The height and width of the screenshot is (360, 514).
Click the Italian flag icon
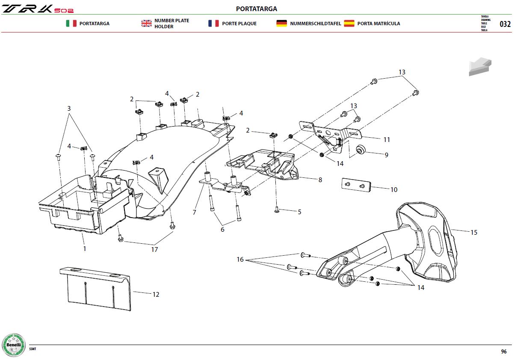coord(71,24)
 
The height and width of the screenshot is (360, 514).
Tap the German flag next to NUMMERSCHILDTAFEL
coord(281,24)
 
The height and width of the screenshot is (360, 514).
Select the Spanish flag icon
coord(349,24)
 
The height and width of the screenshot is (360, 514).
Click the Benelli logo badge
coord(14,345)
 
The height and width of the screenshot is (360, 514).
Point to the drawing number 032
coord(505,24)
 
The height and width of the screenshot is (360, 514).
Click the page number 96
coord(504,351)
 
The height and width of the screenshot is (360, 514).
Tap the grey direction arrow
coord(480,66)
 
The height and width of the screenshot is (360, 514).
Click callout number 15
coord(474,232)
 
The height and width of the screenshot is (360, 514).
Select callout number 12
coord(156,295)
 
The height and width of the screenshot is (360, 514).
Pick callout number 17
coord(154,249)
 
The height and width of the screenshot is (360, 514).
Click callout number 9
coord(387,155)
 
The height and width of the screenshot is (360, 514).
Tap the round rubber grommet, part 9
coord(360,149)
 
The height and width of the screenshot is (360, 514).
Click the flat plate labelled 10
coord(356,185)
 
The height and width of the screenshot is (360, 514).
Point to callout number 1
coord(85,248)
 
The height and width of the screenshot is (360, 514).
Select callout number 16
coord(240,259)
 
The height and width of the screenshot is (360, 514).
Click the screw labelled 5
coord(277,210)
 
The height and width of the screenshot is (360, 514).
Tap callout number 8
coord(320,180)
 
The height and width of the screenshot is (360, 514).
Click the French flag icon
coord(213,24)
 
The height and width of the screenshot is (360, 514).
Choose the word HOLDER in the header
coord(164,27)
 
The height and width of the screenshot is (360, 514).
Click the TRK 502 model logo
coord(38,9)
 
